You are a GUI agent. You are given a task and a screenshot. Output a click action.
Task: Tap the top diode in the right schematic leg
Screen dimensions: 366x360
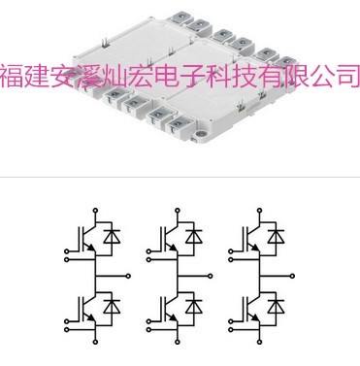click(x=278, y=235)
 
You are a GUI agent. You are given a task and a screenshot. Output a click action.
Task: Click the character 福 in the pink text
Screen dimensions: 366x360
click(x=14, y=77)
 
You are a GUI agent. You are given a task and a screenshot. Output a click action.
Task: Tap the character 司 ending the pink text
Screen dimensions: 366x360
click(x=345, y=77)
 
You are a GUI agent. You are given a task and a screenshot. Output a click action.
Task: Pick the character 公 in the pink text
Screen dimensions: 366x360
click(x=320, y=77)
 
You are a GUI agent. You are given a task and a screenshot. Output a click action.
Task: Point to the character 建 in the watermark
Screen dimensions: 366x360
click(x=39, y=77)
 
